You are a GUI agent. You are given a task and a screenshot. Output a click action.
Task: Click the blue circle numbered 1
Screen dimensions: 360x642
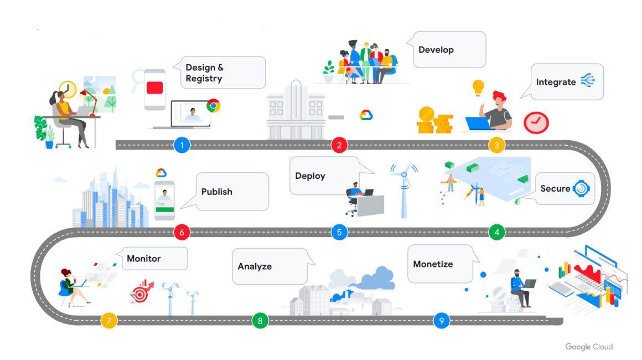(x=182, y=146)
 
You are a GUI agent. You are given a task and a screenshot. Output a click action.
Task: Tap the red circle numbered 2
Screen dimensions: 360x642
(x=339, y=146)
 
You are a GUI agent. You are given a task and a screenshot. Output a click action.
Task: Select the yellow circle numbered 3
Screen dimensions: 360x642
(x=496, y=146)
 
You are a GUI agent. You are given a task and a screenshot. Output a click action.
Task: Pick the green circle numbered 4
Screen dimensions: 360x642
(x=496, y=232)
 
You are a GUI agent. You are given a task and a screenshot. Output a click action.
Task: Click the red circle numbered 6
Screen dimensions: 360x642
(x=182, y=232)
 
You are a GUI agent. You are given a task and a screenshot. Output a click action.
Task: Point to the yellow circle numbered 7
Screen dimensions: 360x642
(x=109, y=320)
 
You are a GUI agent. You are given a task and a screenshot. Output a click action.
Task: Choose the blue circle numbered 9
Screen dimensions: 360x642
(x=441, y=320)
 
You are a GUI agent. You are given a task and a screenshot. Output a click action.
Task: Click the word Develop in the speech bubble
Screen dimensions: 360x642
(x=436, y=50)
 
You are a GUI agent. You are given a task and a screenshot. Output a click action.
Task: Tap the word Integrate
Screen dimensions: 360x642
(x=556, y=82)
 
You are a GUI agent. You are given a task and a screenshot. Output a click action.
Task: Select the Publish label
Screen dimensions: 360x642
(x=216, y=192)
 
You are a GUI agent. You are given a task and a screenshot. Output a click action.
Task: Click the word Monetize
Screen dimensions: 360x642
(x=433, y=264)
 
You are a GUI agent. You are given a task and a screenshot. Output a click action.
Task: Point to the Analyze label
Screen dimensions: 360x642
(x=255, y=266)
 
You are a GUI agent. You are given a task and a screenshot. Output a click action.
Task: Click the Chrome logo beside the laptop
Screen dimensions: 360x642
(x=213, y=106)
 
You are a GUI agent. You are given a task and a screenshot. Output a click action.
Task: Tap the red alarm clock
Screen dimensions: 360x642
(x=536, y=122)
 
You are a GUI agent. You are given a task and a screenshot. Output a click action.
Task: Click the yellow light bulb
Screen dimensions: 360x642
(x=478, y=87)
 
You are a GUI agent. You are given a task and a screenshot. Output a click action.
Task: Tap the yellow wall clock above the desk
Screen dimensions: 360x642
(x=68, y=89)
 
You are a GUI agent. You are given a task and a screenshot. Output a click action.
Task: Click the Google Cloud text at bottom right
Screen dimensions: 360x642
(x=589, y=347)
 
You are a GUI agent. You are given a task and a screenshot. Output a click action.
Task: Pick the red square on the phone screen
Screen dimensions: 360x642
(x=155, y=88)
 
